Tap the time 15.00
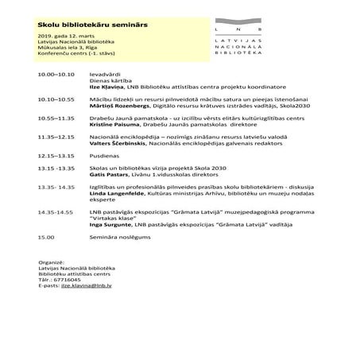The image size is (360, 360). tap(46, 236)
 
